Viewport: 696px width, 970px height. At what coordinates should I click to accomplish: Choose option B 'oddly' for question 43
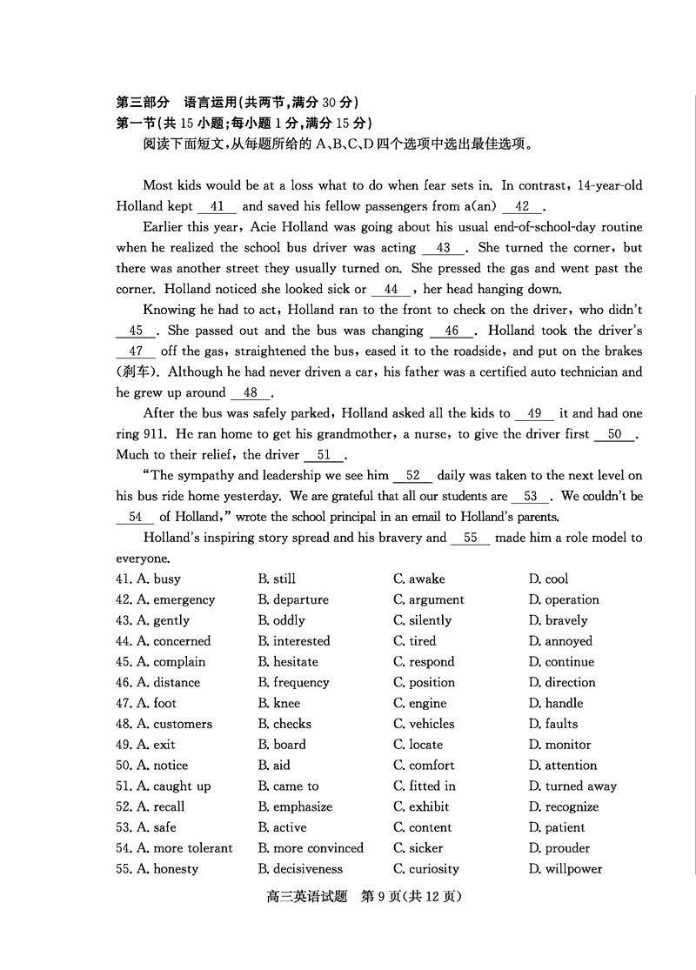tap(281, 621)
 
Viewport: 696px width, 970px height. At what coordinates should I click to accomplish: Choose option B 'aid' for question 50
tap(274, 766)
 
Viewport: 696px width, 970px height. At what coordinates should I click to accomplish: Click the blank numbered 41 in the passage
tap(217, 207)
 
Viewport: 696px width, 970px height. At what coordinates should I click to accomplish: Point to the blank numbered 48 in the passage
tap(251, 393)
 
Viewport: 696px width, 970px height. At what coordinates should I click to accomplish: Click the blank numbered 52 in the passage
tap(412, 476)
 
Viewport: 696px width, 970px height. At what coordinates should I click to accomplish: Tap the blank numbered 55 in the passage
tap(471, 539)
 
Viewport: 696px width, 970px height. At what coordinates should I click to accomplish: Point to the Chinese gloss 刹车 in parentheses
tap(133, 372)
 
